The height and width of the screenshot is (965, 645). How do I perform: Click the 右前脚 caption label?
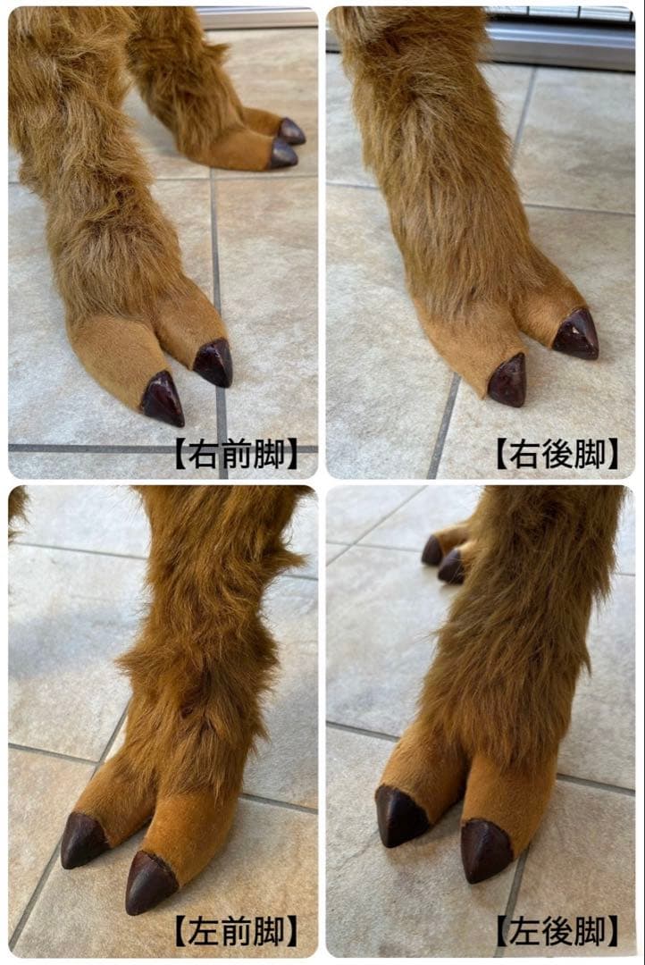tap(235, 454)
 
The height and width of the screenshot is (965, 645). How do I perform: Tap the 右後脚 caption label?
tap(557, 454)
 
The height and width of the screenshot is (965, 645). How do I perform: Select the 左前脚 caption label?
tap(235, 932)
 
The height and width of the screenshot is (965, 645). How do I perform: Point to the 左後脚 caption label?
tap(557, 932)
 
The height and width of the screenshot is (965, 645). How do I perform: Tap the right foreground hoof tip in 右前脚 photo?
tap(214, 363)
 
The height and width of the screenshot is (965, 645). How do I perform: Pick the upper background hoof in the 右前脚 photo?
tap(291, 131)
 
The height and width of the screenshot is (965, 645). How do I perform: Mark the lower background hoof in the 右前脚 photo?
tap(283, 155)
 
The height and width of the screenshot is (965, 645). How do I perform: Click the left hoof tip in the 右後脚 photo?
tap(507, 382)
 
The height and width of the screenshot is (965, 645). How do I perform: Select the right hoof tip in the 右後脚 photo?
tap(576, 335)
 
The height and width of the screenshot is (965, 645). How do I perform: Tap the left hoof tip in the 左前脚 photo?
tap(83, 840)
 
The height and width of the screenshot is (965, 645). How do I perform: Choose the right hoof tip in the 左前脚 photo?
tap(149, 883)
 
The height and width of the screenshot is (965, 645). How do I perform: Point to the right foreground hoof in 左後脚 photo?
tap(486, 851)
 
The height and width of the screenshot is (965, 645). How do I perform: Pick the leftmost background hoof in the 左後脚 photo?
tap(433, 550)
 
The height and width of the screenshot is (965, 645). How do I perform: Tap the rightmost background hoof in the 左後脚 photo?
tap(451, 566)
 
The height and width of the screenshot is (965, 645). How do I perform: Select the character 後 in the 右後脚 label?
tap(557, 454)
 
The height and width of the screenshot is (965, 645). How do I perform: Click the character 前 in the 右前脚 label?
tap(235, 454)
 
